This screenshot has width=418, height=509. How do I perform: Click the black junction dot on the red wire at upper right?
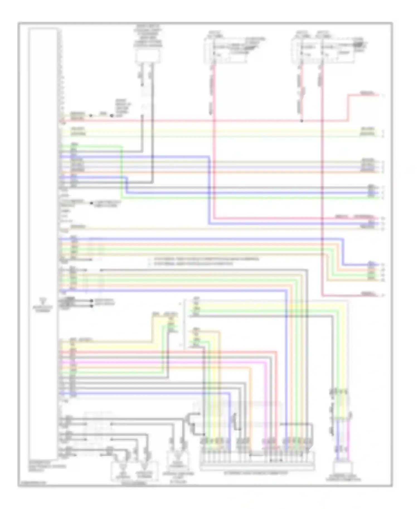tap(302, 121)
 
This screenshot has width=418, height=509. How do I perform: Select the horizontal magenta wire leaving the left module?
tap(167, 363)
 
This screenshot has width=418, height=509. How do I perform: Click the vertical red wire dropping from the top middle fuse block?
tap(214, 139)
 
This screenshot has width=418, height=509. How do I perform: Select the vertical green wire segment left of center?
tap(122, 173)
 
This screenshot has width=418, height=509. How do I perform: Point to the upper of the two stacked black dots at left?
tap(92, 301)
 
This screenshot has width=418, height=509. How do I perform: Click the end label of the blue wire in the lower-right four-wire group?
tap(371, 263)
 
